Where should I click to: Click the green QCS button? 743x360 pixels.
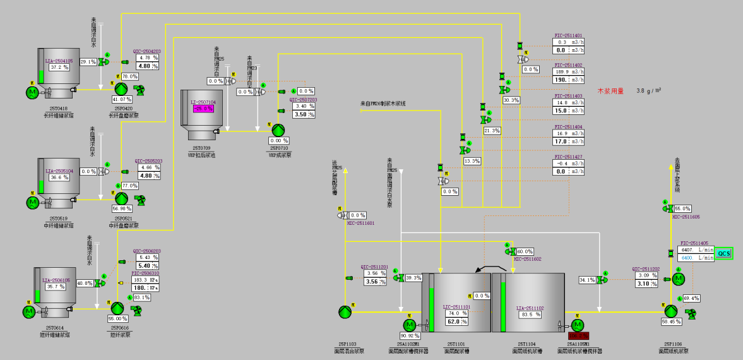pos(724,253)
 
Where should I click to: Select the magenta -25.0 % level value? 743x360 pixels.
pos(203,109)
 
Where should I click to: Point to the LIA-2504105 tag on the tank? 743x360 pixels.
pos(59,61)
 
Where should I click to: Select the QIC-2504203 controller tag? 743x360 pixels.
pos(146,51)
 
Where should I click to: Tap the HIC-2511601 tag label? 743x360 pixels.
pos(360,223)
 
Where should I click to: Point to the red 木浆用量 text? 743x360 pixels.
pos(610,91)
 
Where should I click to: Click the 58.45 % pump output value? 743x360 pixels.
pos(670,321)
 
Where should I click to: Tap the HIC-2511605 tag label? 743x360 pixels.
pos(686,217)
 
